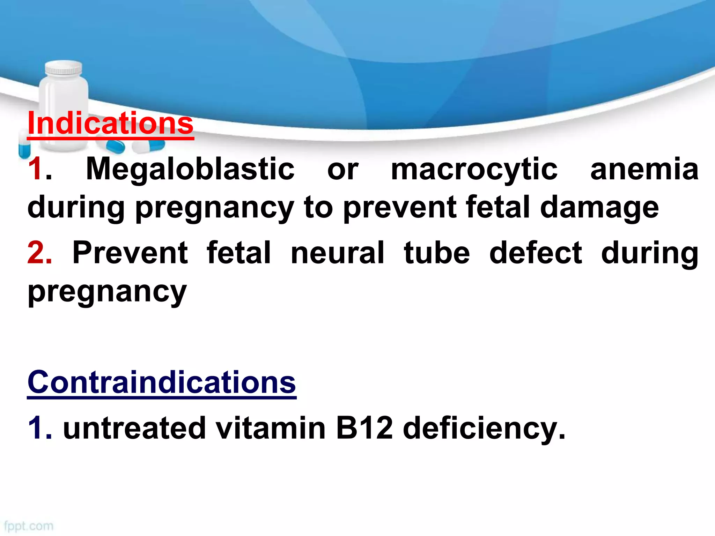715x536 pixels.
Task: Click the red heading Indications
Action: (110, 124)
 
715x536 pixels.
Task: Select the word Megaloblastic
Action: (190, 169)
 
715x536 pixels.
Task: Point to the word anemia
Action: (644, 169)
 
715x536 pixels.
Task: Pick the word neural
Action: (338, 253)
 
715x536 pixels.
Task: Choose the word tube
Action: (437, 253)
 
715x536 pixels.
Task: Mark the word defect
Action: (536, 253)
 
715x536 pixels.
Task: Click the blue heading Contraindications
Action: (162, 382)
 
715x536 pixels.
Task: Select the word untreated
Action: (134, 429)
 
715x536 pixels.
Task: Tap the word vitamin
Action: (271, 429)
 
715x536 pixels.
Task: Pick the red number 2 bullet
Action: (39, 253)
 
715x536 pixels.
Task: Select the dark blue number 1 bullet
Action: (36, 429)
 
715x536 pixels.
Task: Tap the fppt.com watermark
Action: (29, 526)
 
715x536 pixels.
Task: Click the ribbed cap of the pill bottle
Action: (64, 68)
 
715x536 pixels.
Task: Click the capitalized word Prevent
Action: (130, 253)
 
